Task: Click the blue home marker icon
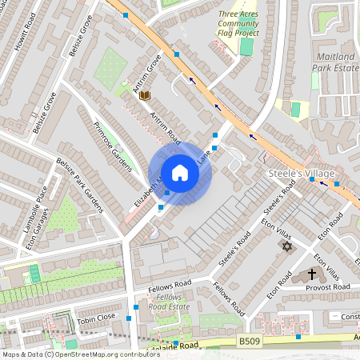click(180, 173)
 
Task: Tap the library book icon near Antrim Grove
click(145, 95)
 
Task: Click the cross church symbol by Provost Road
click(311, 274)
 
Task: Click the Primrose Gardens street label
click(112, 146)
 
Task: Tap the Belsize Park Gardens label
click(79, 185)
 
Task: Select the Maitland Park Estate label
click(335, 63)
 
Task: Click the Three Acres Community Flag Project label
click(239, 24)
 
